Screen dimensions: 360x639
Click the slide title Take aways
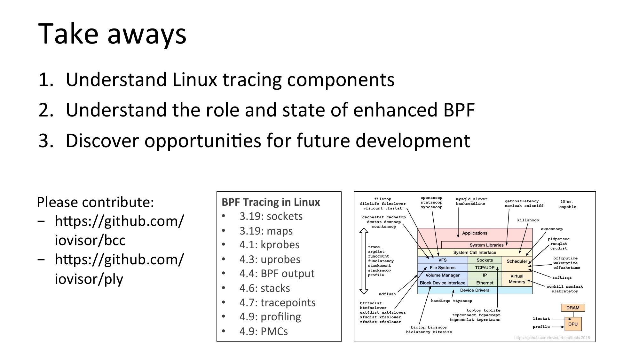coord(112,34)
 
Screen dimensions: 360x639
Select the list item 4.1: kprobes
coord(269,245)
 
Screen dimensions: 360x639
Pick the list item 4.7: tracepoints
coord(277,302)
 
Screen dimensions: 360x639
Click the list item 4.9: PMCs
coord(264,331)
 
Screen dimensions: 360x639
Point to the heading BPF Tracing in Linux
coord(271,202)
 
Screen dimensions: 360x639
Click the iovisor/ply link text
coord(89,279)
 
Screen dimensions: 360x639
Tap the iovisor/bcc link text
coord(90,240)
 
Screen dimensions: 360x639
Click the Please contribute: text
coord(95,202)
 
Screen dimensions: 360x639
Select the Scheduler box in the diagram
coord(517,261)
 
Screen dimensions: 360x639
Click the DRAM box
coord(572,308)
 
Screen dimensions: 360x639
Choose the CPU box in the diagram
coord(573,324)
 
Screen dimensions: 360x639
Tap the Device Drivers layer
coord(475,290)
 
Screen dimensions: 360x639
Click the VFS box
coord(442,260)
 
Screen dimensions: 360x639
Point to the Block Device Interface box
coord(442,283)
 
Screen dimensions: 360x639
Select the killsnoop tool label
coord(528,220)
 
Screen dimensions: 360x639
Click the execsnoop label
coord(551,229)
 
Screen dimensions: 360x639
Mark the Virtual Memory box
coord(517,279)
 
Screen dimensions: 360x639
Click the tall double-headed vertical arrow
coord(363,261)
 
